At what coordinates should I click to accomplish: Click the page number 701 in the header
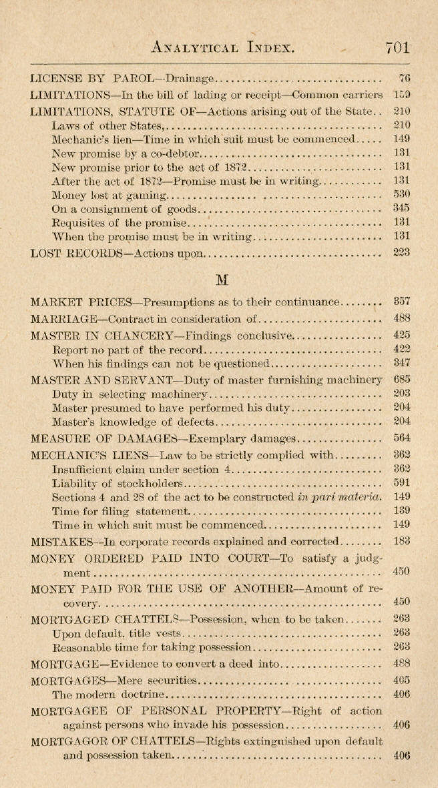pos(397,47)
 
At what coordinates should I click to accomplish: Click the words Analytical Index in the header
pos(224,47)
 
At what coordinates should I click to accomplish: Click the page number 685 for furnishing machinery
pos(402,380)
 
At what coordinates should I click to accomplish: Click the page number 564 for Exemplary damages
pos(402,438)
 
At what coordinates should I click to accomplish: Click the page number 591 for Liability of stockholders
pos(402,482)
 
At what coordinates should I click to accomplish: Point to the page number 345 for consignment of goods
pos(402,209)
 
